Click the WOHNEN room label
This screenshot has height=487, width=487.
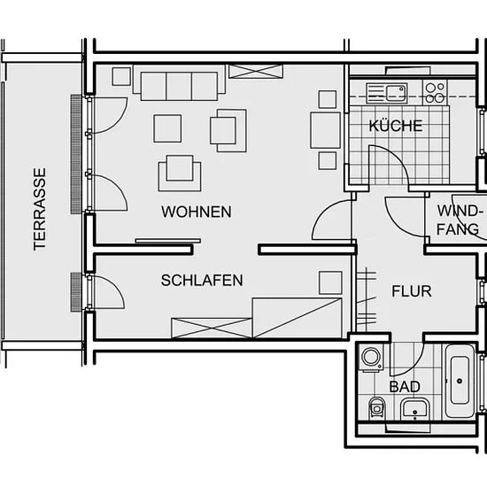pos(197,212)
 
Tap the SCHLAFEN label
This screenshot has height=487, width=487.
pos(202,280)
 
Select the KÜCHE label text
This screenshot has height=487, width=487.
pos(396,126)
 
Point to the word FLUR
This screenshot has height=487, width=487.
pos(412,291)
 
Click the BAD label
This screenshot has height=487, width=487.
pos(405,387)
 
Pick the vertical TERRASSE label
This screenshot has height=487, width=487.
pos(40,209)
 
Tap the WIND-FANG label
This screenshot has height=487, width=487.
pos(460,220)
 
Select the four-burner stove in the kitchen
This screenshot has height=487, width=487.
pos(435,92)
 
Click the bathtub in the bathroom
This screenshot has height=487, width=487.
pos(460,382)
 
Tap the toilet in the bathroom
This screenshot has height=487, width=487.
pos(376,407)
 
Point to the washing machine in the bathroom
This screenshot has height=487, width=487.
pos(371,358)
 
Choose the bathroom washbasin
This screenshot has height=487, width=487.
pos(415,409)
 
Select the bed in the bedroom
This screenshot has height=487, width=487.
pos(298,318)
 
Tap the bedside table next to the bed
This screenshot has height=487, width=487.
pos(330,282)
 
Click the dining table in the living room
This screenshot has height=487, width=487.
pos(325,130)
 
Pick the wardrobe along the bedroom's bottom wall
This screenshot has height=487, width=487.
pos(212,328)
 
